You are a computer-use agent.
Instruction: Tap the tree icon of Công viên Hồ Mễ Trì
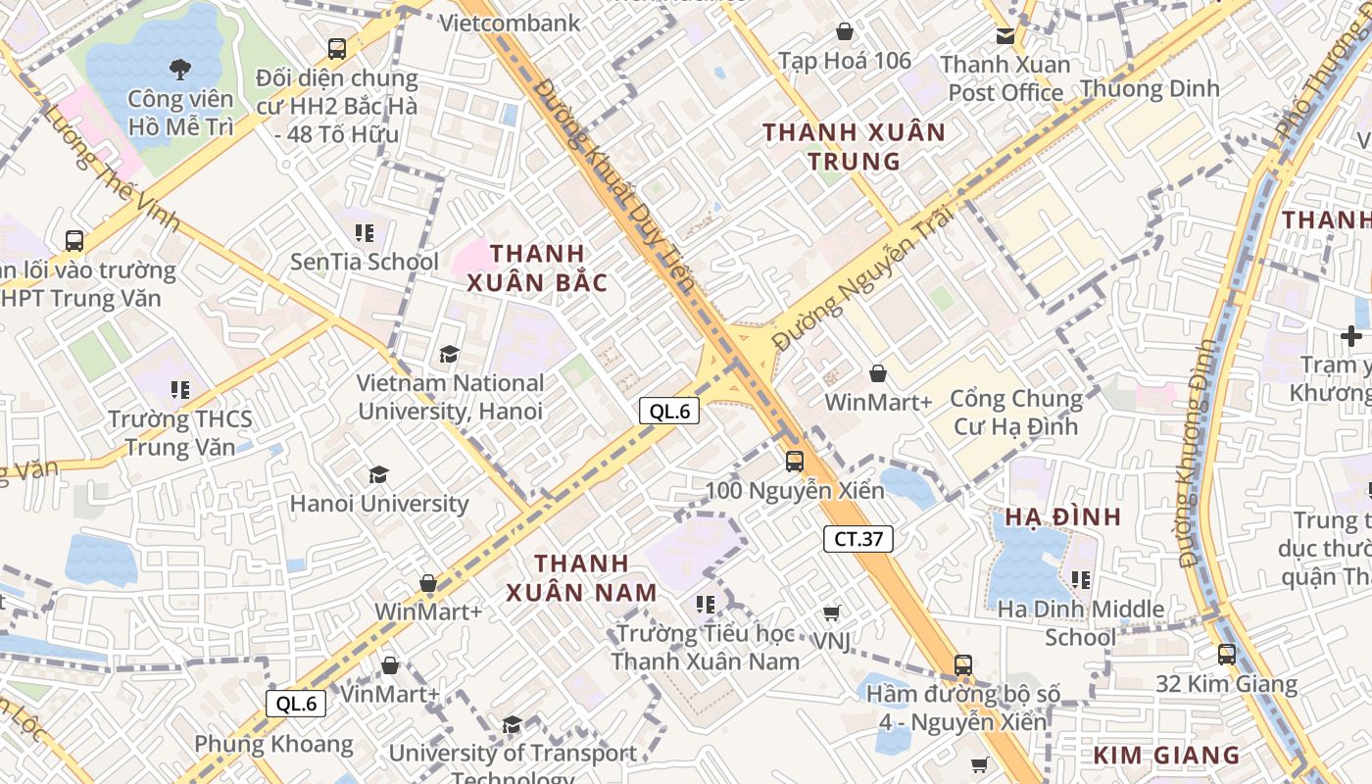(180, 69)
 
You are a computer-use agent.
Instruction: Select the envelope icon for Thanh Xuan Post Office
(1005, 36)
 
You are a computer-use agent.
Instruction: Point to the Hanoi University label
(379, 504)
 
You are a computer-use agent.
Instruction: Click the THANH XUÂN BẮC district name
(537, 268)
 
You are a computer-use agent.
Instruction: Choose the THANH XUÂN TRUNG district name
(854, 146)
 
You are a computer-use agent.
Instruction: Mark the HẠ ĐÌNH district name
(1062, 516)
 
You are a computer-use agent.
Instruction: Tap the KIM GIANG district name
(1166, 755)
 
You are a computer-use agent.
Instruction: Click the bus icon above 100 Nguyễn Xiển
(795, 461)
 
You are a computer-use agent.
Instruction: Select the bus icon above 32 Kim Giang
(1227, 654)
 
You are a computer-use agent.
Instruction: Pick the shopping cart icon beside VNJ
(831, 613)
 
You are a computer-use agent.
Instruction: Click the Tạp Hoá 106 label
(845, 61)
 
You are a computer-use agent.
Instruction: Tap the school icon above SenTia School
(365, 232)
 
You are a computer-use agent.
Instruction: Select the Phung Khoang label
(273, 744)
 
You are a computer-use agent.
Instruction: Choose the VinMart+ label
(390, 694)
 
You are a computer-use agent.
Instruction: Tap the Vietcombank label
(511, 23)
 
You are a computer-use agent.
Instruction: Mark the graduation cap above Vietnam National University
(449, 354)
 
